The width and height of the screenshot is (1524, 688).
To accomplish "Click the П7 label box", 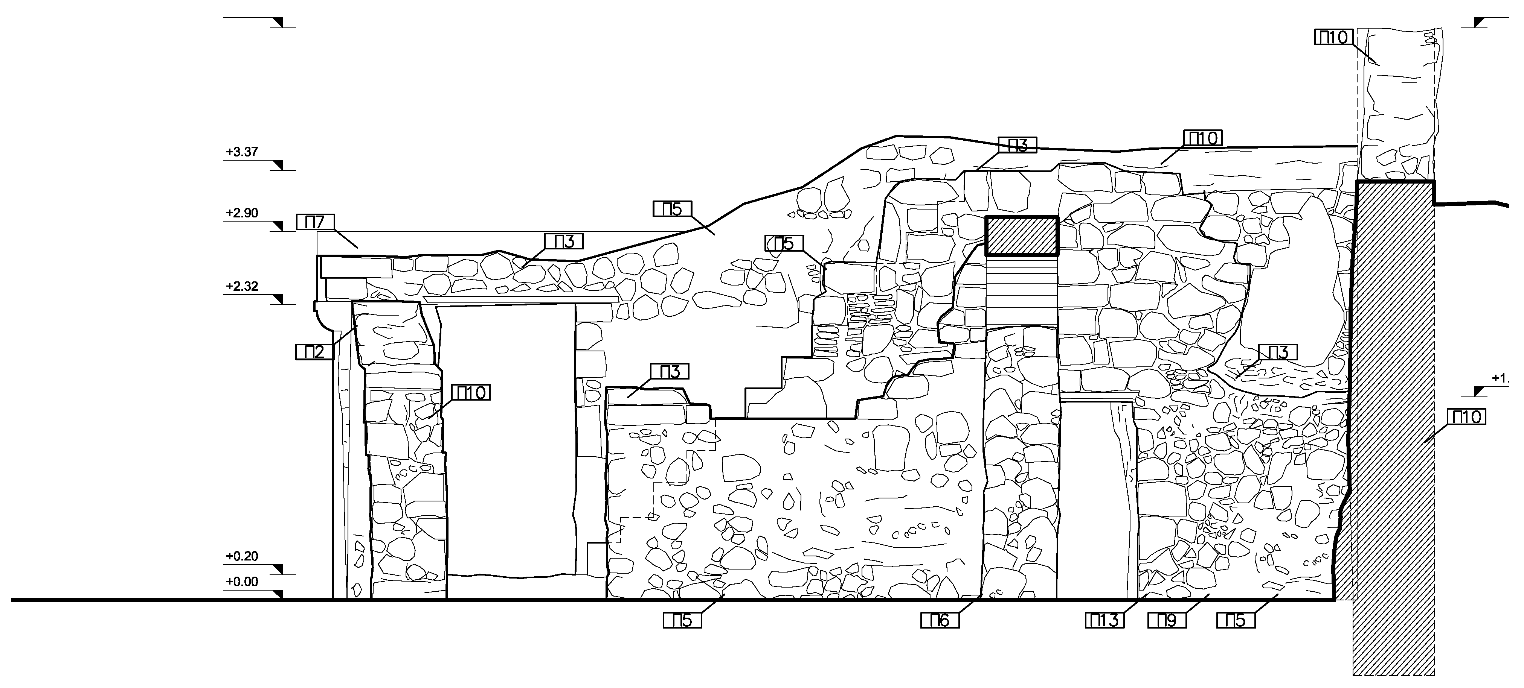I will click(315, 222).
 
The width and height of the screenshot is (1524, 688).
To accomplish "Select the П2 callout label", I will click(315, 352).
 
